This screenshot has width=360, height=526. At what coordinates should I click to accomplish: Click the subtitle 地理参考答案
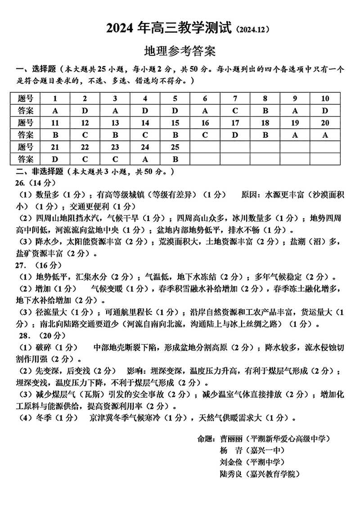[x=180, y=51]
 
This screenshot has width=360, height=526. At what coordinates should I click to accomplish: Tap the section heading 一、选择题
[x=36, y=70]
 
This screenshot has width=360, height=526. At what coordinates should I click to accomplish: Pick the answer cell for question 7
[x=235, y=111]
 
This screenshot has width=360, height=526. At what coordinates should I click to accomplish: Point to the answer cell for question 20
[x=325, y=135]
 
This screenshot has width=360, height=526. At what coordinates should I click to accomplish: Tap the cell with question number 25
[x=175, y=147]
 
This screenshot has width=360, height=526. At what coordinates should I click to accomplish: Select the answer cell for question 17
[x=235, y=135]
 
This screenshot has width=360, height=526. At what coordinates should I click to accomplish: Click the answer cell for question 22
[x=85, y=159]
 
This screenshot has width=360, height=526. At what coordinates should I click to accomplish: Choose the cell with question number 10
[x=325, y=99]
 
